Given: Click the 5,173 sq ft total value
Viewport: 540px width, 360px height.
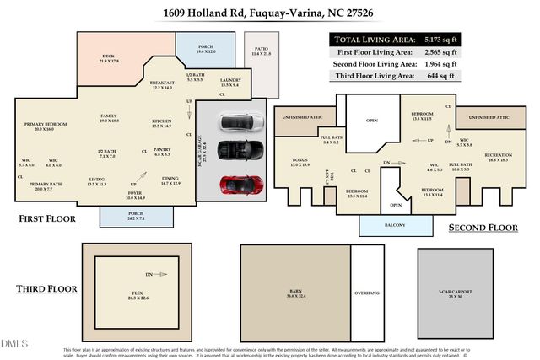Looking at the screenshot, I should (464, 40).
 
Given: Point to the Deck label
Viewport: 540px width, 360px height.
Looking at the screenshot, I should (109, 58).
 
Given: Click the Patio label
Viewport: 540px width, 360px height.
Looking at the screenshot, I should (261, 51).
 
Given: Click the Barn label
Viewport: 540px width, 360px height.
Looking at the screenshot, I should (294, 293).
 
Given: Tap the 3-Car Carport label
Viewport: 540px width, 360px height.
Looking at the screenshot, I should (456, 293).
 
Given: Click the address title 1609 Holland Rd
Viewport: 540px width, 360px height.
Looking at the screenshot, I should (269, 13).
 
